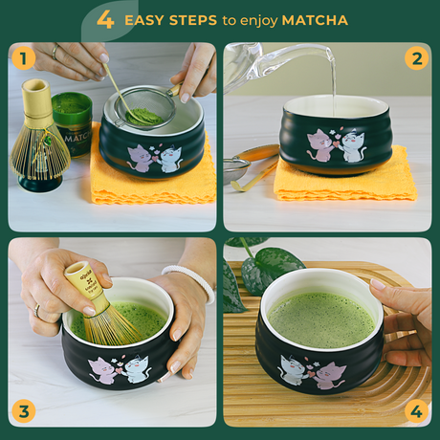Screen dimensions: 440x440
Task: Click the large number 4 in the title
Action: coord(105,20)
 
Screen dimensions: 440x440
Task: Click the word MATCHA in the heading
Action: coord(315,20)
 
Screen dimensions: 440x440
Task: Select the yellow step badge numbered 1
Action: coord(24,59)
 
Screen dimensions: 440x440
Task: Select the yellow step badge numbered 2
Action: coord(415,59)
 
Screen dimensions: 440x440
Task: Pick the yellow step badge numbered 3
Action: coord(24,411)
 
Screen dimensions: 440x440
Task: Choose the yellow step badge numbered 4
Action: coord(415,411)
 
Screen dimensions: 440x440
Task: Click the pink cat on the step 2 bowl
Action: coord(319,144)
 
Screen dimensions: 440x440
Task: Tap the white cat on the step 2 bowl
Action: coord(353,145)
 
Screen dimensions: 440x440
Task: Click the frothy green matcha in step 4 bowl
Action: coord(320,319)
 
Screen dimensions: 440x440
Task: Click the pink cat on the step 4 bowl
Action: coord(330,374)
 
